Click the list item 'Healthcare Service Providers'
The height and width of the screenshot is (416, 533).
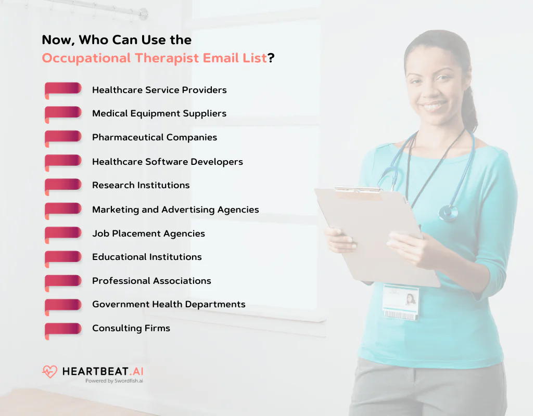(x=159, y=90)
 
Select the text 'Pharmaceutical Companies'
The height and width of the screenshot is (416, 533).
(x=155, y=138)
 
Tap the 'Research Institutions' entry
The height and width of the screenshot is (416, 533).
(x=141, y=186)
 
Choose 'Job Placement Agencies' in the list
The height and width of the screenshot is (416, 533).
(x=148, y=233)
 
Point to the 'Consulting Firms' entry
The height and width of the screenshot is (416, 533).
(x=131, y=329)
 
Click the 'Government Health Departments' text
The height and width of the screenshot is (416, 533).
(x=169, y=305)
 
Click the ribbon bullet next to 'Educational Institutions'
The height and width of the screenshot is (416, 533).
(x=62, y=257)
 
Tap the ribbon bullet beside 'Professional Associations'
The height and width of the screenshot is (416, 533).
(x=62, y=281)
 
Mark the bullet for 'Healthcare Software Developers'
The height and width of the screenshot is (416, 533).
(x=62, y=162)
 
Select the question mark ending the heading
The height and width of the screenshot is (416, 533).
(x=271, y=58)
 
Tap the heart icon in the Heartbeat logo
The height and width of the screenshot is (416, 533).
(x=49, y=372)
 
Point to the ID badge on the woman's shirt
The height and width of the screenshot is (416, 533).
(x=400, y=302)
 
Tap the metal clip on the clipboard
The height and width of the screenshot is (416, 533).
(x=359, y=190)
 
